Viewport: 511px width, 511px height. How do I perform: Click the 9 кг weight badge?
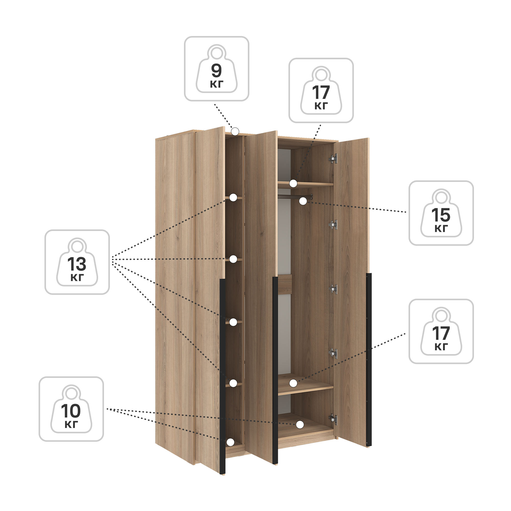coord(216,69)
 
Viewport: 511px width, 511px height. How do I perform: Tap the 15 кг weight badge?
coord(441,213)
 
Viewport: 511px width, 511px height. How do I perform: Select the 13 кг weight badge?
coord(77,262)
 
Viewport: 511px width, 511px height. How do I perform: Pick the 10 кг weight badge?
coord(71,409)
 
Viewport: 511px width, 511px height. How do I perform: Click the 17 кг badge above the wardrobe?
coord(321,90)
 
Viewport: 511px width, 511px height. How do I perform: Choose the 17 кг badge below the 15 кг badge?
coord(441,331)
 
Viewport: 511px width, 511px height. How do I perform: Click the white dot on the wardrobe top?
coord(235,131)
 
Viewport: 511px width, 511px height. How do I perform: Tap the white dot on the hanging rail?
coord(303,201)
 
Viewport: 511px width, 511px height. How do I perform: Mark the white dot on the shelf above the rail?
coord(293,183)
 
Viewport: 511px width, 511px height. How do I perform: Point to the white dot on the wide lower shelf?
coord(293,383)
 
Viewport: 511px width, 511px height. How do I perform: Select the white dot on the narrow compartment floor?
coord(230,442)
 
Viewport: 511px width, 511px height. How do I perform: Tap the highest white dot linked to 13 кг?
coord(233,197)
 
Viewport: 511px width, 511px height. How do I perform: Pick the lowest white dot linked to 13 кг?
coord(233,383)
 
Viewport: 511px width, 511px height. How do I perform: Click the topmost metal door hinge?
coord(333,159)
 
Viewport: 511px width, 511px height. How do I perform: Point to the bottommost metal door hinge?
coord(333,420)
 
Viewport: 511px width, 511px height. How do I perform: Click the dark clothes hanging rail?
coord(295,196)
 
